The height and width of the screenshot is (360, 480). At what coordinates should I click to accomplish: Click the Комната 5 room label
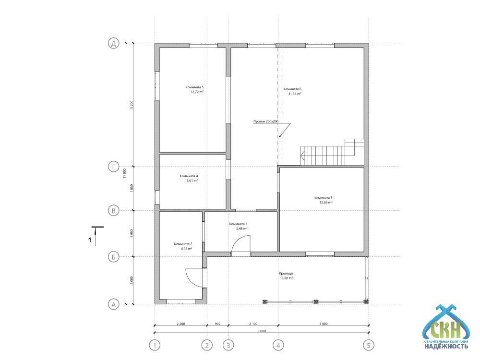[x=194, y=87]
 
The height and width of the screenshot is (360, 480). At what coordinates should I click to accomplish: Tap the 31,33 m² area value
[x=295, y=94]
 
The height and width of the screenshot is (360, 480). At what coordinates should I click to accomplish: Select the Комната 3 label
[x=323, y=198]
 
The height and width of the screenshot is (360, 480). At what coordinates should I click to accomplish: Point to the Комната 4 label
[x=189, y=176]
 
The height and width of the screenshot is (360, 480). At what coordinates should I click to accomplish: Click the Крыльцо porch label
[x=286, y=274]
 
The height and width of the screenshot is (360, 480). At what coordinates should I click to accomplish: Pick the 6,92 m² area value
[x=186, y=249]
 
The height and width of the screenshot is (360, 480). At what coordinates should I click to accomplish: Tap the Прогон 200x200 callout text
[x=266, y=121]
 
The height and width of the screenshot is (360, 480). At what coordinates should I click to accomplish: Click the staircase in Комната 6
[x=332, y=152]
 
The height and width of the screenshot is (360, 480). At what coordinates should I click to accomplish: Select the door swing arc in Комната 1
[x=237, y=242]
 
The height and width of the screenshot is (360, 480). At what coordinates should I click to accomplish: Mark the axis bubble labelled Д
[x=114, y=43]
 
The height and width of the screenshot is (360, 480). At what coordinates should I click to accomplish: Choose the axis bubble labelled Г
[x=114, y=167]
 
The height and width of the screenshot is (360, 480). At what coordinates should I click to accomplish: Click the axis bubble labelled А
[x=114, y=305]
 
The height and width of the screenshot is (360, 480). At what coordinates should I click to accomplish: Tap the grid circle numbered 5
[x=369, y=345]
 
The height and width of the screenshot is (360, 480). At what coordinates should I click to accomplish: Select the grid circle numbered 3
[x=228, y=345]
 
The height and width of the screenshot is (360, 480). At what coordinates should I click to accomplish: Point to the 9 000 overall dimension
[x=262, y=331]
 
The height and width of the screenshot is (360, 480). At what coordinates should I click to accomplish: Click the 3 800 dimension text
[x=323, y=324]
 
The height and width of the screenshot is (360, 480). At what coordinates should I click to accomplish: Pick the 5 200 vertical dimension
[x=132, y=105]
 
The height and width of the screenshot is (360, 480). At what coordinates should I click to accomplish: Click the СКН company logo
[x=446, y=327]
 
